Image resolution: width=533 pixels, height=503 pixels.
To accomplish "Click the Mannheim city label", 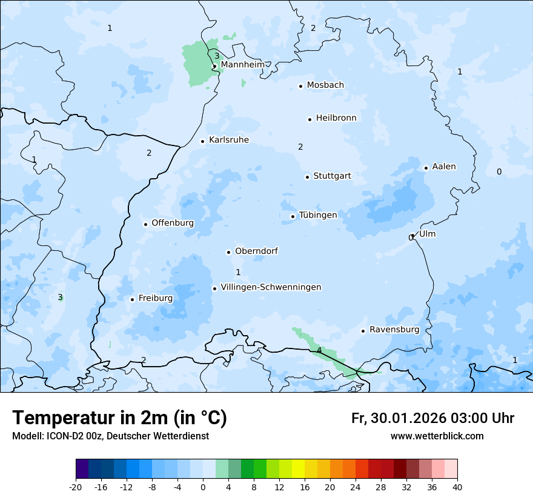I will click(242, 64).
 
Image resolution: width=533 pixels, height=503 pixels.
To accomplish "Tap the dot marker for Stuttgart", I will click(307, 177).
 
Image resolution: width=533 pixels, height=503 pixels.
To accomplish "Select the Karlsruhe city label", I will click(229, 140).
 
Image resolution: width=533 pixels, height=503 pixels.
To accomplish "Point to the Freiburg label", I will click(155, 298).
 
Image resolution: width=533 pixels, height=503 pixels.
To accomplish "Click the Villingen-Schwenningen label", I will click(271, 287).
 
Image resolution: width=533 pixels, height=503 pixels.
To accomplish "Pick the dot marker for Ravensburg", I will click(363, 331).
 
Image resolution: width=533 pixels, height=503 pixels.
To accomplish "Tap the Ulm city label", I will click(427, 234).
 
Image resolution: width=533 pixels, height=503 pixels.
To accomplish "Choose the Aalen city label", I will click(444, 167).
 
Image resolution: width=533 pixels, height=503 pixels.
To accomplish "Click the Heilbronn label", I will click(336, 118).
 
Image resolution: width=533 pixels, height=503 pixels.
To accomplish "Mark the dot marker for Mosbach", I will click(300, 86).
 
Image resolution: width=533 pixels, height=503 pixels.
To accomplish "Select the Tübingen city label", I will click(318, 215).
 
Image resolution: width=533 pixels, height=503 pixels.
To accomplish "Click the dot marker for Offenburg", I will click(145, 224).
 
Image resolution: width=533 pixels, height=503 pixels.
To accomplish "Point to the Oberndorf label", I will click(256, 251).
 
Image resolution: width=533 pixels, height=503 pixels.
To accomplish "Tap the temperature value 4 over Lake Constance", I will click(319, 350).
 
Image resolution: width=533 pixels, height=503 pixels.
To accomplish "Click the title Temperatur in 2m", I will click(119, 418).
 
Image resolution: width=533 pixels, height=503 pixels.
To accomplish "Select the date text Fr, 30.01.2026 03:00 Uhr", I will click(432, 418).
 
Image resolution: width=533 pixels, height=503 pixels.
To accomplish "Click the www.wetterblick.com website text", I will click(437, 436).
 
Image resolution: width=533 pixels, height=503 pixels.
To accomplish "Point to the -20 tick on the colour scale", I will click(76, 487).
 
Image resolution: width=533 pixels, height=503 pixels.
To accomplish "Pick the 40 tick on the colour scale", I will click(457, 487).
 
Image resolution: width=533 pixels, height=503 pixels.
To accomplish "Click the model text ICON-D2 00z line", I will click(110, 436).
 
